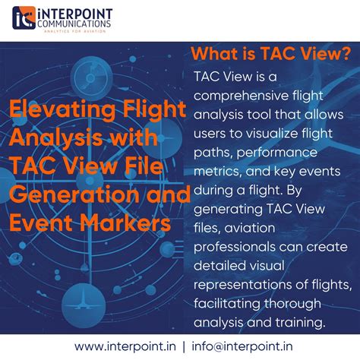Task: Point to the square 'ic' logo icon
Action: (23, 17)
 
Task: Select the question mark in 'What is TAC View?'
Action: (346, 54)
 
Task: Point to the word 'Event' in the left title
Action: (38, 223)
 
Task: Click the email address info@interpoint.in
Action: (241, 346)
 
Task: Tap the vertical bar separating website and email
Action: (183, 346)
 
